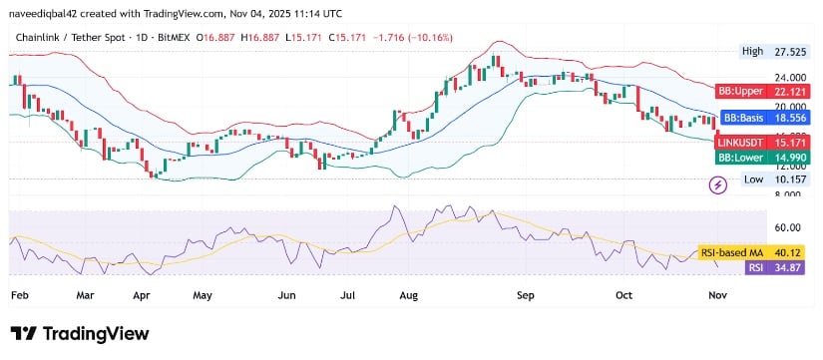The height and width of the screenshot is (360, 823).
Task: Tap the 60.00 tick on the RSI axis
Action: (788, 227)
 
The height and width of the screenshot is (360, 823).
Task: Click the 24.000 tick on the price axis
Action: (787, 77)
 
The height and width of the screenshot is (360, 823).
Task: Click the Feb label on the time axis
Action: (19, 295)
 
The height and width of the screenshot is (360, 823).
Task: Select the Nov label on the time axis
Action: (718, 295)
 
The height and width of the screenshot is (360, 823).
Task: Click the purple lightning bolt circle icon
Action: (716, 184)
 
